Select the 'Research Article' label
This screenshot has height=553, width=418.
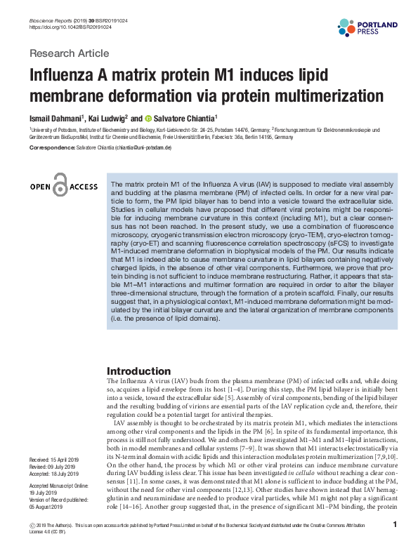point(69,53)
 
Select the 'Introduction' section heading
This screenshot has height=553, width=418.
point(145,371)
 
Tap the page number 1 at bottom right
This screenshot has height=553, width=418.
point(396,525)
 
